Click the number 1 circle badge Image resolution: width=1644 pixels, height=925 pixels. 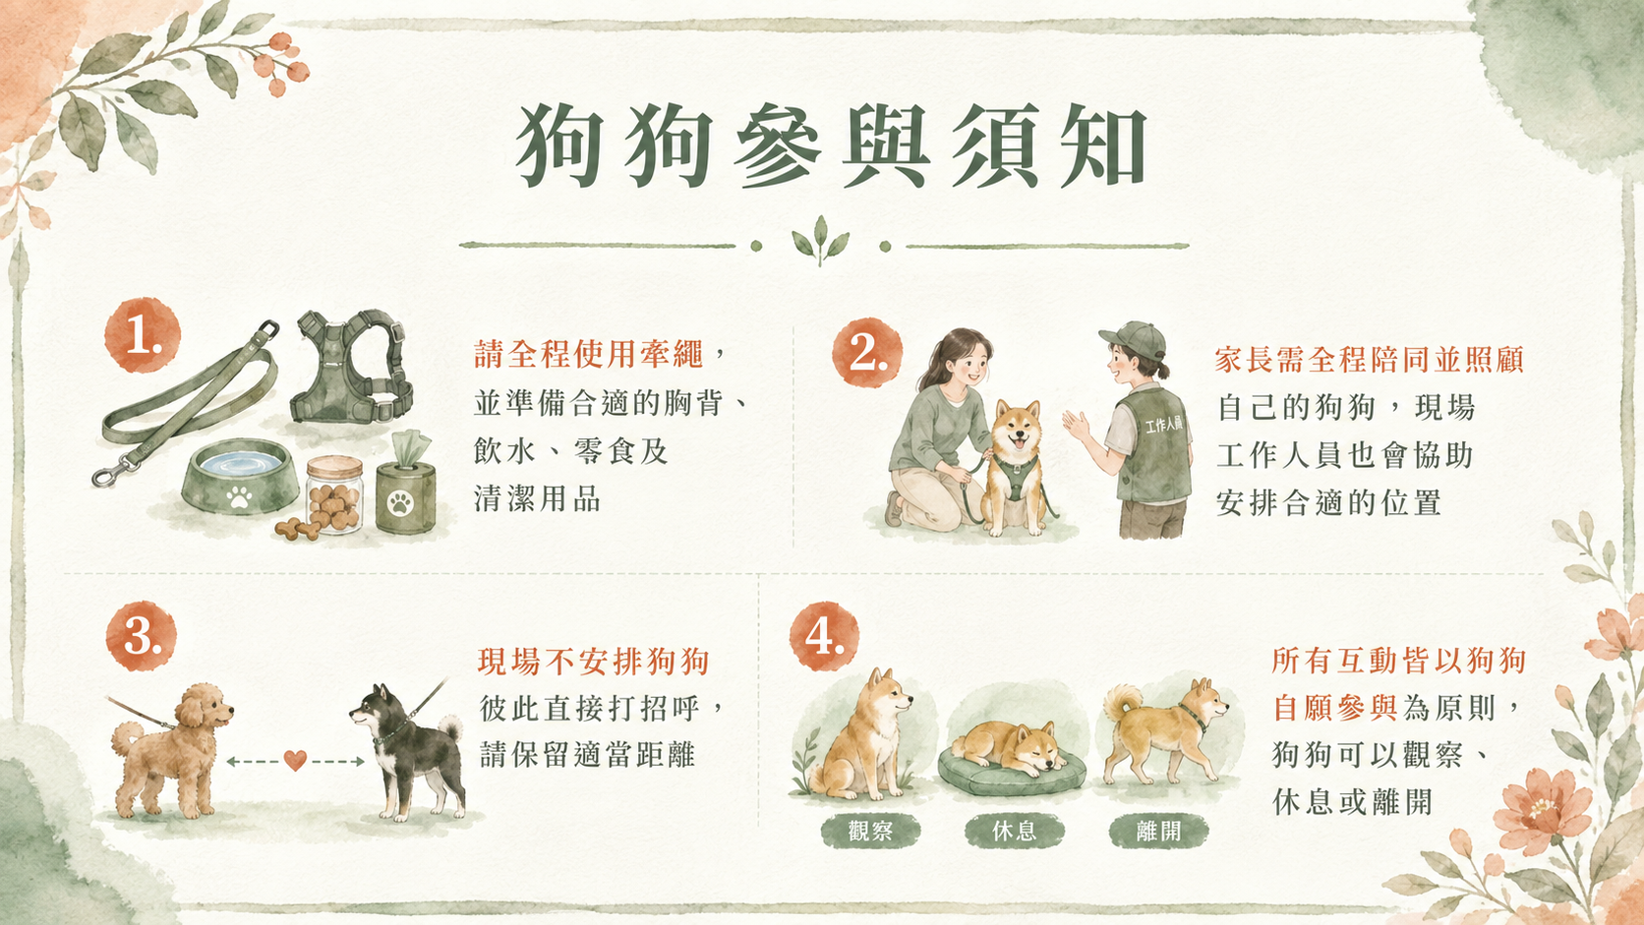click(x=143, y=335)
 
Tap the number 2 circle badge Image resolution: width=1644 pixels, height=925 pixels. click(x=867, y=352)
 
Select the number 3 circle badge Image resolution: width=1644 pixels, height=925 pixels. click(x=141, y=636)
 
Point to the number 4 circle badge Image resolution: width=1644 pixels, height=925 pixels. click(x=824, y=636)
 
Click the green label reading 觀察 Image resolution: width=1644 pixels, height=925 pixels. click(x=870, y=831)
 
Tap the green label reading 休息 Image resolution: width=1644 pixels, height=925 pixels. click(x=1015, y=831)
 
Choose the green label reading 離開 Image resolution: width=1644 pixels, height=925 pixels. click(x=1159, y=831)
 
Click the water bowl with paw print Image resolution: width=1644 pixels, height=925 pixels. click(x=239, y=478)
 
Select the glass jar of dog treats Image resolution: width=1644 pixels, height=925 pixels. click(x=334, y=493)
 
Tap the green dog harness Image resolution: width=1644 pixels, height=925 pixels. click(x=351, y=367)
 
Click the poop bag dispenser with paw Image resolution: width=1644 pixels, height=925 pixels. click(x=404, y=486)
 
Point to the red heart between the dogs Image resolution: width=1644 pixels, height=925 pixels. click(x=295, y=760)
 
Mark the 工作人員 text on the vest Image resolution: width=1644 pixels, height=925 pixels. click(x=1164, y=425)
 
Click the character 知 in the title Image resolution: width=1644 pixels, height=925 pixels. click(x=1104, y=145)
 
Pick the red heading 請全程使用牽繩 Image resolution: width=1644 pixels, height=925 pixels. click(x=589, y=354)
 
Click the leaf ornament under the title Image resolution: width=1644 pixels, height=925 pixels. click(x=821, y=240)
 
